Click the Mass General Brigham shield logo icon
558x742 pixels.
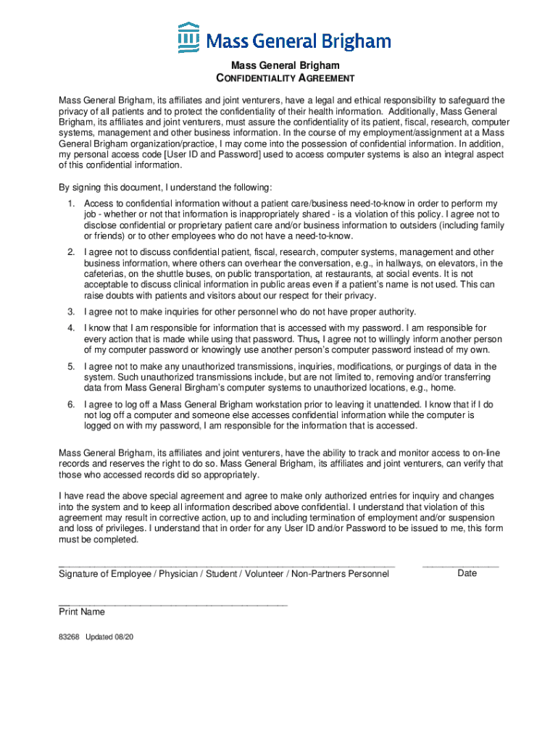click(x=188, y=38)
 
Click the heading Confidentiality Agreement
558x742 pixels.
click(x=279, y=78)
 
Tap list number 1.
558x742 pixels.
click(x=71, y=204)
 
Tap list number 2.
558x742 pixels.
click(x=71, y=252)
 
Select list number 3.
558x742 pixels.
click(x=71, y=312)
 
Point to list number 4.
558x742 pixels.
click(x=71, y=328)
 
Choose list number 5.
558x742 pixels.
click(x=71, y=367)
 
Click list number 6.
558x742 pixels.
click(x=71, y=404)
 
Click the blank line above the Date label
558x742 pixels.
click(x=460, y=565)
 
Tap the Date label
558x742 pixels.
click(x=467, y=573)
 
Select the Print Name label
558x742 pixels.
click(x=82, y=612)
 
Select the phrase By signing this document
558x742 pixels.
click(x=115, y=187)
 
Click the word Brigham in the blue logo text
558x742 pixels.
click(x=354, y=41)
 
